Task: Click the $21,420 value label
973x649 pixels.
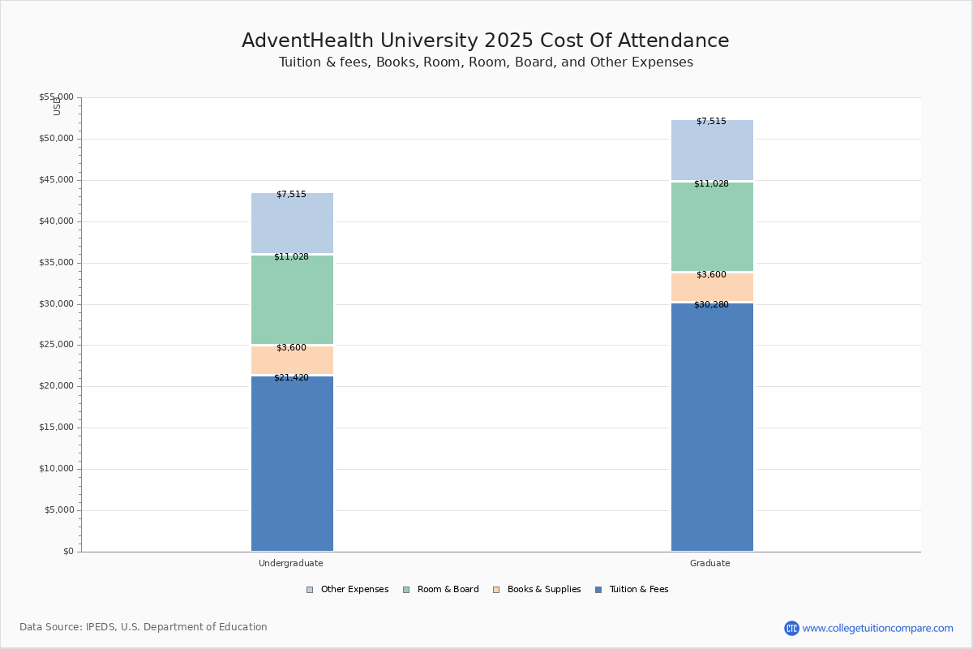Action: coord(291,378)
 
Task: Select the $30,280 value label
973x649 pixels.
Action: coord(711,305)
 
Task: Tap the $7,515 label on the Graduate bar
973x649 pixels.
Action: coord(711,122)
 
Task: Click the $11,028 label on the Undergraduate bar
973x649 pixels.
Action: coord(291,257)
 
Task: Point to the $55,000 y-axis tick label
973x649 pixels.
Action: coord(56,97)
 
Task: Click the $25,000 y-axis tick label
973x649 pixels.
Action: coord(56,345)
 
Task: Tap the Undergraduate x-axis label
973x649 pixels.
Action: coord(291,563)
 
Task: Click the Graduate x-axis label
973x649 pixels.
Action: coord(710,563)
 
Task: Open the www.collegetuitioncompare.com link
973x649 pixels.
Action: coord(877,628)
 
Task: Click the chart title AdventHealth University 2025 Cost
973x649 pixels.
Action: coord(485,41)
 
